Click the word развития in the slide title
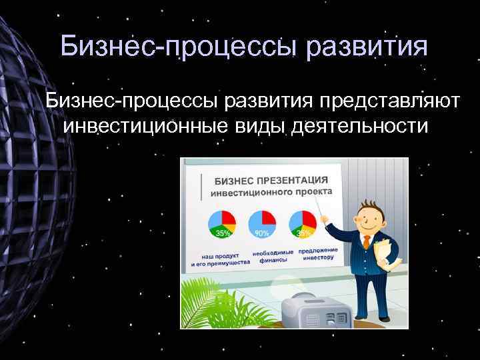coord(360,47)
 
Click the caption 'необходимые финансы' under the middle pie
coord(273,257)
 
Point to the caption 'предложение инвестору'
coord(317,253)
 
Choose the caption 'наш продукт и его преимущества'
coord(220,259)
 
